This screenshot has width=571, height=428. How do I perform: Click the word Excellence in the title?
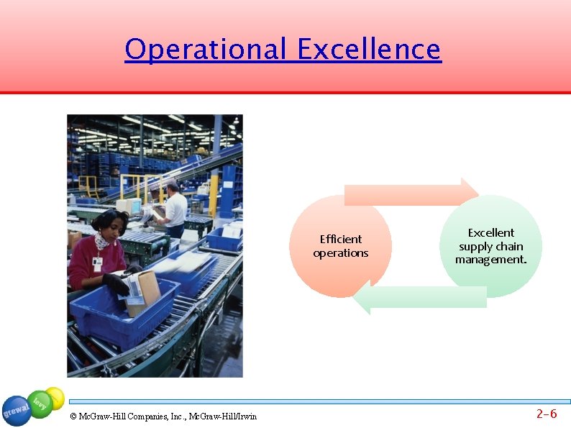[x=368, y=50]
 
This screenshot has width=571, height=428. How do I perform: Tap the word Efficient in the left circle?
[x=341, y=239]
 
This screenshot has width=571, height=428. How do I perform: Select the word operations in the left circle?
[x=341, y=253]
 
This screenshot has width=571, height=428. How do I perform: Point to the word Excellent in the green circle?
[x=491, y=232]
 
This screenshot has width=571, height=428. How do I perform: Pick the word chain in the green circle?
[x=508, y=246]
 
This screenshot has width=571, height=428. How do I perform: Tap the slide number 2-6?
[x=547, y=414]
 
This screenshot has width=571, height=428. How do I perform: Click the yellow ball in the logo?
[x=55, y=397]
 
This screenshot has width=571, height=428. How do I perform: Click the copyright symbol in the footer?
[x=74, y=416]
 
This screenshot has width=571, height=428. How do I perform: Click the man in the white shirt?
[x=175, y=209]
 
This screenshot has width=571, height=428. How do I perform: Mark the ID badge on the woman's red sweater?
[x=96, y=264]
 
